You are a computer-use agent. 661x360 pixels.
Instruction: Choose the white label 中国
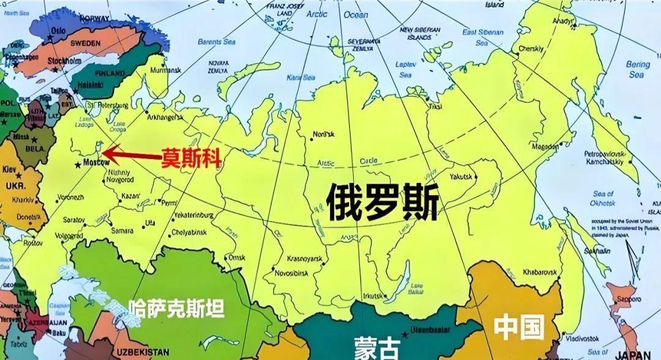[x=519, y=327]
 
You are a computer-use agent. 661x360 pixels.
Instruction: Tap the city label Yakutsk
[x=461, y=176]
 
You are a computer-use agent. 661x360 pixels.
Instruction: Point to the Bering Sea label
[x=638, y=69]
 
